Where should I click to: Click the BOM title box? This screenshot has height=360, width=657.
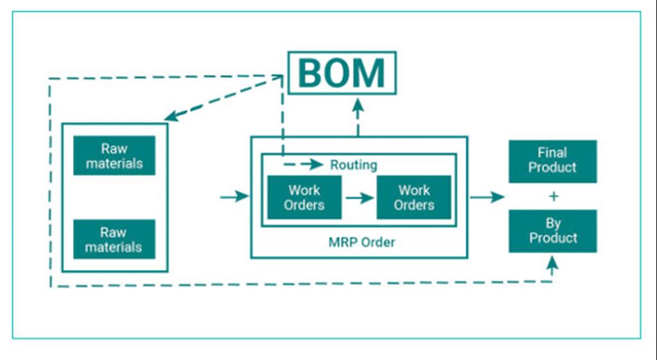341,73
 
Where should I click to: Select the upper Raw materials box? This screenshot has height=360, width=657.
114,155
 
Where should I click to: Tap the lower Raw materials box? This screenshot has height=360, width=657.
114,239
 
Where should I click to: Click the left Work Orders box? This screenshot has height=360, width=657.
304,198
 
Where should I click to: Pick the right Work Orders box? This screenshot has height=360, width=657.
414,198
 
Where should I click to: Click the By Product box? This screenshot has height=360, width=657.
552,231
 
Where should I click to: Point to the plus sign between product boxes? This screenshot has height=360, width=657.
552,196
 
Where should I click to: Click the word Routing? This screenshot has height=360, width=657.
354,165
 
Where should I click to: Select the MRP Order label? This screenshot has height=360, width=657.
362,243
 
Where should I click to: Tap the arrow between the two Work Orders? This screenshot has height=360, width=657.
359,198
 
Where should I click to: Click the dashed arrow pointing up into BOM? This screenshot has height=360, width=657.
358,116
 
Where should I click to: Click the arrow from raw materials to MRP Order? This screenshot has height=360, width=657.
234,196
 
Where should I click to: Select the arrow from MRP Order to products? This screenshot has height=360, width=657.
487,197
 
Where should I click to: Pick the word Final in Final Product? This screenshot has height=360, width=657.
552,153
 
